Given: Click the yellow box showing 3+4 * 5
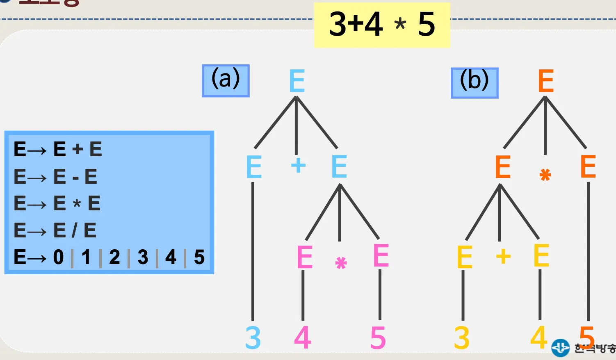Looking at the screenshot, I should coord(382,25).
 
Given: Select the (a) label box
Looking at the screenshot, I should coord(226,80).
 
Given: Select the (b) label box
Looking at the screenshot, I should coord(475,83).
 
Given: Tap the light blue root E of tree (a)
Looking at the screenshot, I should coord(297,81).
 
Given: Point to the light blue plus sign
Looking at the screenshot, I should coord(298,166).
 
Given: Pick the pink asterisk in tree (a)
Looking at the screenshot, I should coord(341,262).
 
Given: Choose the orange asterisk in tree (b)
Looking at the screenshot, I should coord(545,175).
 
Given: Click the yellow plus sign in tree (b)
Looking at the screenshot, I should coord(503,257).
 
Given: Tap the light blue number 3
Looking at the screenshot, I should coord(253,338).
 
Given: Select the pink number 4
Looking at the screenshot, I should coord(303,338).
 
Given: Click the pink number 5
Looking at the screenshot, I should coord(378,338).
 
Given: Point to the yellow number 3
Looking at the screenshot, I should coord(462,338).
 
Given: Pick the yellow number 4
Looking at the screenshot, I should coord(539,337).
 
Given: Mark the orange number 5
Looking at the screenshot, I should coord(587,337).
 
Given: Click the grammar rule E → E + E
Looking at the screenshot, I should coord(58,149).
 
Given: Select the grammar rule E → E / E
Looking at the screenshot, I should coord(55,230).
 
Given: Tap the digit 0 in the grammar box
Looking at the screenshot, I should coord(59,257).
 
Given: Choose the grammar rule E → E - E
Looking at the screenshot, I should coord(55,177).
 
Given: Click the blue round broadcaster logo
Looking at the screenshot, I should coord(560,348).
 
